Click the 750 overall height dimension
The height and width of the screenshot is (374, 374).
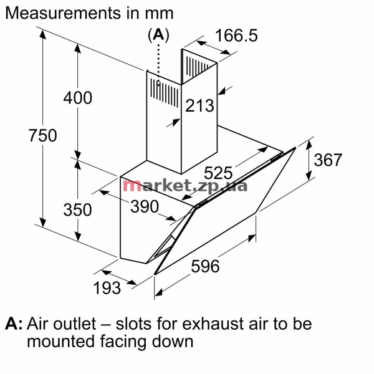tap(43, 136)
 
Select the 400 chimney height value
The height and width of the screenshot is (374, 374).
tap(78, 98)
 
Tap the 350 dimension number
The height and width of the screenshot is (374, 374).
tap(78, 209)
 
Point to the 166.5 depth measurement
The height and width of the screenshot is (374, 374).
tap(236, 36)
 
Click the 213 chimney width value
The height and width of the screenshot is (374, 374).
tap(199, 106)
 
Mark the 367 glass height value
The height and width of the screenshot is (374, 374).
tap(327, 160)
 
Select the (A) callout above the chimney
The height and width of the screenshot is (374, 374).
tap(158, 36)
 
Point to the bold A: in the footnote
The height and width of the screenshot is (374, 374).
tap(14, 324)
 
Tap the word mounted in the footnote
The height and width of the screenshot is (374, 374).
tap(60, 342)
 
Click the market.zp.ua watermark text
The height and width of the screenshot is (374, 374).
tap(185, 185)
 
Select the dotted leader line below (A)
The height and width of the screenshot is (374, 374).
tap(159, 62)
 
